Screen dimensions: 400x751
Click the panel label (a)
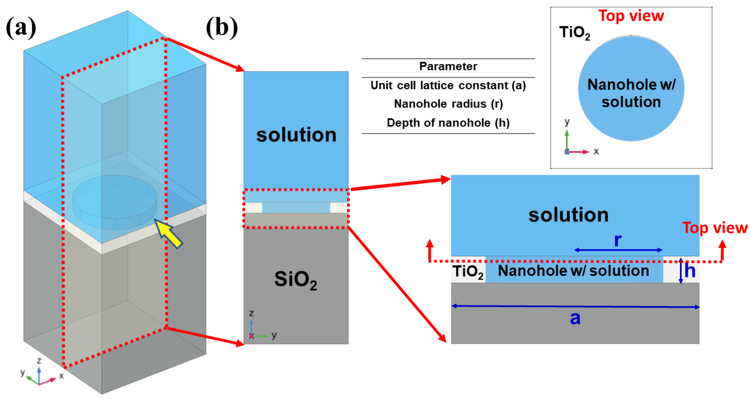[x=21, y=28]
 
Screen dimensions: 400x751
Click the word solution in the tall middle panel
[x=296, y=135]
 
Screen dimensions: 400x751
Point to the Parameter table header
[x=448, y=66]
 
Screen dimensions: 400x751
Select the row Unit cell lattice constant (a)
[x=448, y=85]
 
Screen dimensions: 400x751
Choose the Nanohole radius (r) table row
[x=448, y=104]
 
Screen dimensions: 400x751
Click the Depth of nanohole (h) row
[x=448, y=123]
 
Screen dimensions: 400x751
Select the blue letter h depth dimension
[x=690, y=271]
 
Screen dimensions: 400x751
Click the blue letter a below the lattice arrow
[x=575, y=318]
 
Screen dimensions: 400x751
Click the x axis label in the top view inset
[x=596, y=151]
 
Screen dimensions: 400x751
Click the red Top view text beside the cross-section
[x=715, y=228]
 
